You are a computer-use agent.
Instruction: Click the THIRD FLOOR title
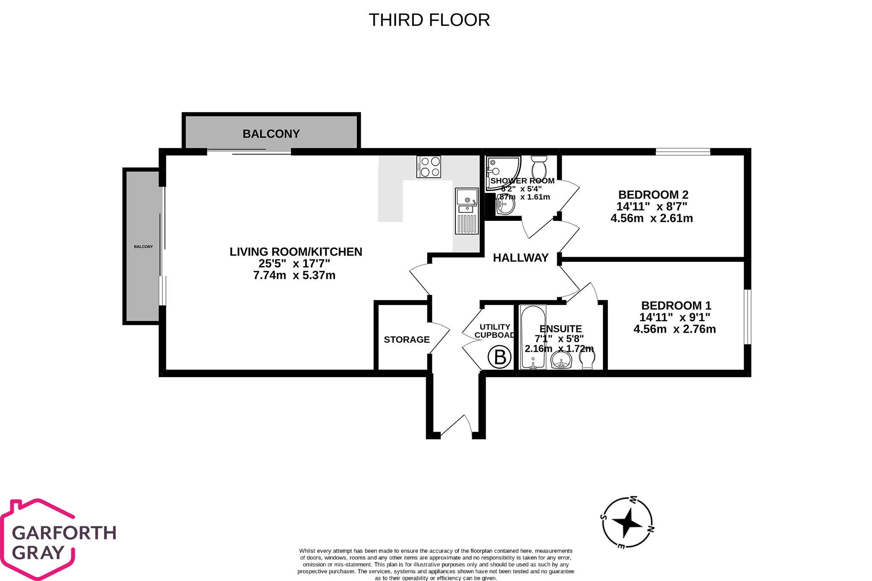click(429, 20)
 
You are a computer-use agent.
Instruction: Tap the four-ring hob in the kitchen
click(429, 167)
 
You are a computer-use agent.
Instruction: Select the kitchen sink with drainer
click(467, 211)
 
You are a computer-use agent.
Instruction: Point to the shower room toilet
click(539, 168)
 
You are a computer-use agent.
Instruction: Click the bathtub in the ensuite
click(533, 337)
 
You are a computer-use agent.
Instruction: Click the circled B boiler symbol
click(500, 357)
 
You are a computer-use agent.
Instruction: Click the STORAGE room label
click(407, 339)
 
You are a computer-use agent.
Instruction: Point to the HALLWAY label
click(521, 258)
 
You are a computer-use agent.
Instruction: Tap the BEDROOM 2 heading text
click(653, 195)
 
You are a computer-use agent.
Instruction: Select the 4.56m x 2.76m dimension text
click(674, 329)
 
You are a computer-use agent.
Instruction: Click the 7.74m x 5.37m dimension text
click(294, 275)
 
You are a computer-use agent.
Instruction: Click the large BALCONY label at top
click(271, 134)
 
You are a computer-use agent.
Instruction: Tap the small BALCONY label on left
click(143, 247)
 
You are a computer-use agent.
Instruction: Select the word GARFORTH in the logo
click(64, 533)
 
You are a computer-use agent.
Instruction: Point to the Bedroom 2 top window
click(683, 152)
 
